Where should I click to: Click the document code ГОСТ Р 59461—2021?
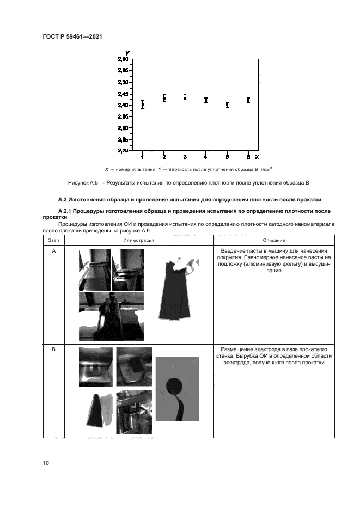[72, 36]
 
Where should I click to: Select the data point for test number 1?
[143, 105]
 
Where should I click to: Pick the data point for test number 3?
[185, 98]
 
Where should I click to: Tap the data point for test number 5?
[227, 105]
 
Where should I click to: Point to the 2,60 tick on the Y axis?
[123, 59]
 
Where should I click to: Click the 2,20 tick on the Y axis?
[123, 150]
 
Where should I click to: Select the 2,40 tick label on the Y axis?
[123, 105]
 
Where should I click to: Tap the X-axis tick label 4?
[206, 157]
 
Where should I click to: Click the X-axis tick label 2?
[164, 157]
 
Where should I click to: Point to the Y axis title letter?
[126, 53]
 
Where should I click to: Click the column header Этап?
[53, 240]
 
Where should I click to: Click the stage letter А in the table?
[53, 251]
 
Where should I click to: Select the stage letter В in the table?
[53, 349]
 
